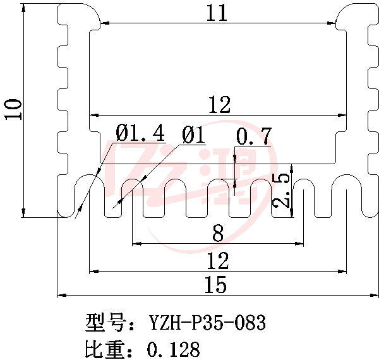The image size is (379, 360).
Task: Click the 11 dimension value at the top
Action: click(217, 13)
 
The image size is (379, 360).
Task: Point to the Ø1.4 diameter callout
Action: click(140, 134)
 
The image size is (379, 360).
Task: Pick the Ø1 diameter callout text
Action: click(193, 135)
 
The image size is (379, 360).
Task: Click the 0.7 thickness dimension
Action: click(253, 136)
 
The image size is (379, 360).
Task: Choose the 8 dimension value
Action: click(218, 234)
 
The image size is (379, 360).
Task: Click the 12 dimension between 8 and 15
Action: click(218, 261)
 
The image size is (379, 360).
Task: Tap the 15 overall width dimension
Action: click(215, 285)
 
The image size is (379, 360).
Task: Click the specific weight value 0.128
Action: click(173, 349)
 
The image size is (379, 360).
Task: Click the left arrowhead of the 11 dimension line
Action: click(105, 25)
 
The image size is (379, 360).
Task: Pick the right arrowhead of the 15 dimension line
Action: click(373, 294)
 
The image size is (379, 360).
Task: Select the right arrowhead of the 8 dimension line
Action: click(299, 243)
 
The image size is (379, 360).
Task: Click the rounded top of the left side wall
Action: click(78, 11)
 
